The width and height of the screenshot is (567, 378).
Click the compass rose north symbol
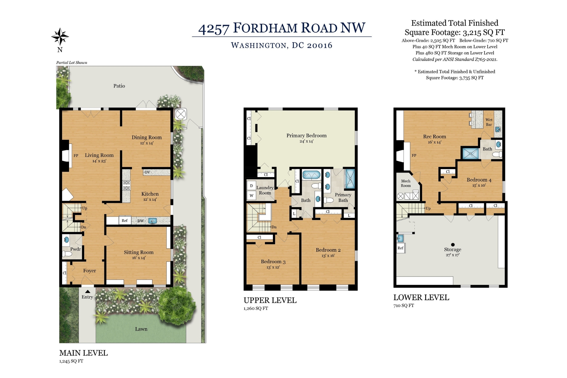pos(60,37)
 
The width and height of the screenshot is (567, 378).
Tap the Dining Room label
pos(146,137)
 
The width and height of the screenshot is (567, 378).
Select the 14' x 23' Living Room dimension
pos(99,161)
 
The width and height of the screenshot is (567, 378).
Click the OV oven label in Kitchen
pos(147,172)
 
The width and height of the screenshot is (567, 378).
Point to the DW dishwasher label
pos(140,221)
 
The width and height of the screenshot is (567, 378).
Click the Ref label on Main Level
pos(124,220)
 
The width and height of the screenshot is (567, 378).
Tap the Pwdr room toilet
pos(67,254)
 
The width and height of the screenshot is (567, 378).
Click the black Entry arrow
pos(88,292)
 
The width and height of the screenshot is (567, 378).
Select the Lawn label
pos(141,329)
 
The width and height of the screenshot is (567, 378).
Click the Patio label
pos(119,86)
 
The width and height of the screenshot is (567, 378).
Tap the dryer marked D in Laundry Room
pos(251,186)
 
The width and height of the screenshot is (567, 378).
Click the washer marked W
pos(251,196)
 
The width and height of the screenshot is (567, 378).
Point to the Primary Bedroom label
pos(306,135)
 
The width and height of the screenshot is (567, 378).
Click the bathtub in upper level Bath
pos(311,175)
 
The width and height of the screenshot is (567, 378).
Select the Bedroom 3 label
pos(273,261)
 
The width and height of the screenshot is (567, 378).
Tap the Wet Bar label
pos(489,122)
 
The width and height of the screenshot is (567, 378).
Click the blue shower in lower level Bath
pos(470,153)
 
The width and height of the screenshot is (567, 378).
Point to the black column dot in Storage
pos(453,244)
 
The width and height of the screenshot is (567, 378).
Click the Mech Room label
pos(406,183)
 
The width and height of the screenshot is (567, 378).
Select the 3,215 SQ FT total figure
pos(484,32)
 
